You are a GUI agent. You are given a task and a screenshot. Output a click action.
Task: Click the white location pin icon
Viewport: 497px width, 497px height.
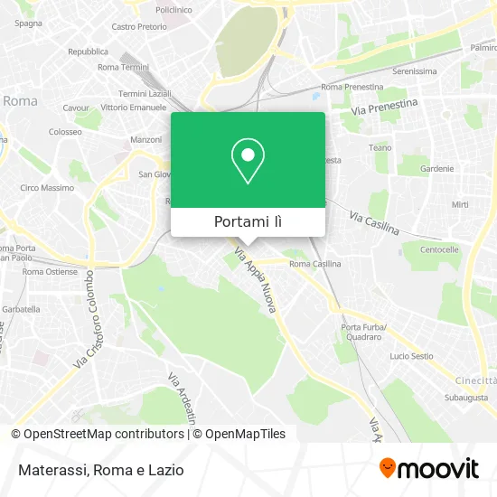coord(248,161)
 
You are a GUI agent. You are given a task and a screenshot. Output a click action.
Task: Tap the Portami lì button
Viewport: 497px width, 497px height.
coord(248,221)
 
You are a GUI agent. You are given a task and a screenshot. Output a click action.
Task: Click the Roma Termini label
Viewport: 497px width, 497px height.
coord(123,67)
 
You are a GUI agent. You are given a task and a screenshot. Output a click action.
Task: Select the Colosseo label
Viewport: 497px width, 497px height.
coord(65,131)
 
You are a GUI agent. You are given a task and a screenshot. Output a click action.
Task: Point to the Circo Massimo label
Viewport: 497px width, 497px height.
coord(47,188)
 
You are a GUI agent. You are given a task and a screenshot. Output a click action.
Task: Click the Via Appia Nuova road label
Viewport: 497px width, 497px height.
coord(256,281)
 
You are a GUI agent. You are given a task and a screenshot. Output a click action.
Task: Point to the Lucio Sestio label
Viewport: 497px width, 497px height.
coord(411,356)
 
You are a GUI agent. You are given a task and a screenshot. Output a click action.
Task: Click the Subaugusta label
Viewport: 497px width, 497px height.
coord(466,397)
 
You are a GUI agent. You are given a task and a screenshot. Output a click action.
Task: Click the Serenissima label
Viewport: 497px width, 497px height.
coord(415,70)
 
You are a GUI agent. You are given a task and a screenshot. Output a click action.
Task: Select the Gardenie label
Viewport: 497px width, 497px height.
coord(436,168)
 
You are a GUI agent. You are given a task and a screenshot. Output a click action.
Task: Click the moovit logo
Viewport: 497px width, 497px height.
coord(428,468)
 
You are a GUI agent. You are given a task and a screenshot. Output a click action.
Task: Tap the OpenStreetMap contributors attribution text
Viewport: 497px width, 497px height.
coord(104,434)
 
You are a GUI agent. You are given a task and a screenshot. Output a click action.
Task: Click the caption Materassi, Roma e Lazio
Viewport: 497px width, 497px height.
coord(99,470)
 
